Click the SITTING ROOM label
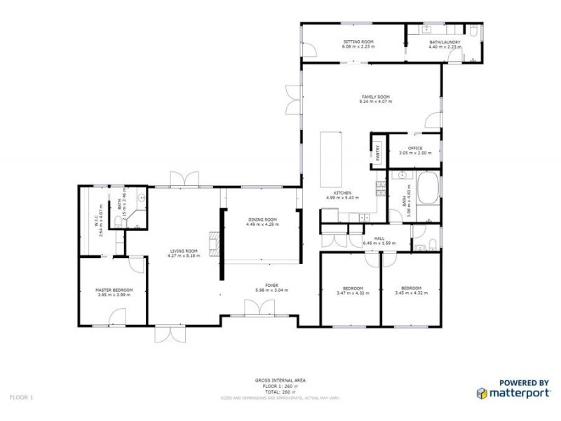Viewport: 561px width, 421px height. point(358,42)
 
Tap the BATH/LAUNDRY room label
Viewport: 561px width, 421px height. point(445,42)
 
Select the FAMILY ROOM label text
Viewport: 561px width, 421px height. point(375,97)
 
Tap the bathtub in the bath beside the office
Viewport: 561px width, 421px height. point(426,189)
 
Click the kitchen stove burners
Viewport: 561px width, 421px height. point(380,187)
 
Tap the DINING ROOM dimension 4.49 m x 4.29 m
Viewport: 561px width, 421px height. point(262,225)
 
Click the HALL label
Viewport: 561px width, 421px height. point(379,239)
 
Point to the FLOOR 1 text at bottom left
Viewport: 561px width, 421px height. point(21,397)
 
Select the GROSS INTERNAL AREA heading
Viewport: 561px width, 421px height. point(280,380)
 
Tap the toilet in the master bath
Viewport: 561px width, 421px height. point(118,218)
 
